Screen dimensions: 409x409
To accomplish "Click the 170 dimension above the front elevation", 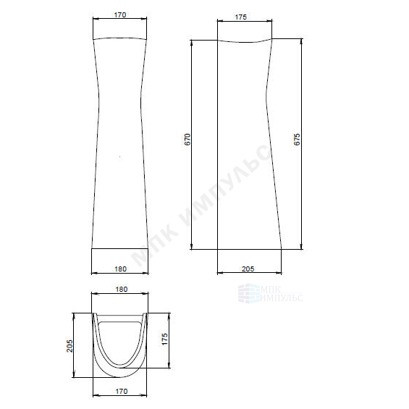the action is coord(120,15).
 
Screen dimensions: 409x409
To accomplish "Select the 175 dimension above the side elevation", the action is coord(241,17).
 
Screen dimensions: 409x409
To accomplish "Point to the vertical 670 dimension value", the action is coord(187,139).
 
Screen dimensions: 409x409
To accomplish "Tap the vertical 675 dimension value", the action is coord(297,139).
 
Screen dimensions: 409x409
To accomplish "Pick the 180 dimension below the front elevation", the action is coord(120,269).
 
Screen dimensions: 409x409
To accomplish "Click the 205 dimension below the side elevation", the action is coord(248,269).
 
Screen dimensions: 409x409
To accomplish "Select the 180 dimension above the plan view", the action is coord(122,290).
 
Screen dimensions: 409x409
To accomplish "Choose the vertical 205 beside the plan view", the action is coord(69,346).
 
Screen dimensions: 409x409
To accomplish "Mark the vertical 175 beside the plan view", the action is coord(165,339).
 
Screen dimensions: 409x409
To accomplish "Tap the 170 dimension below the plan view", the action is coord(122,391).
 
